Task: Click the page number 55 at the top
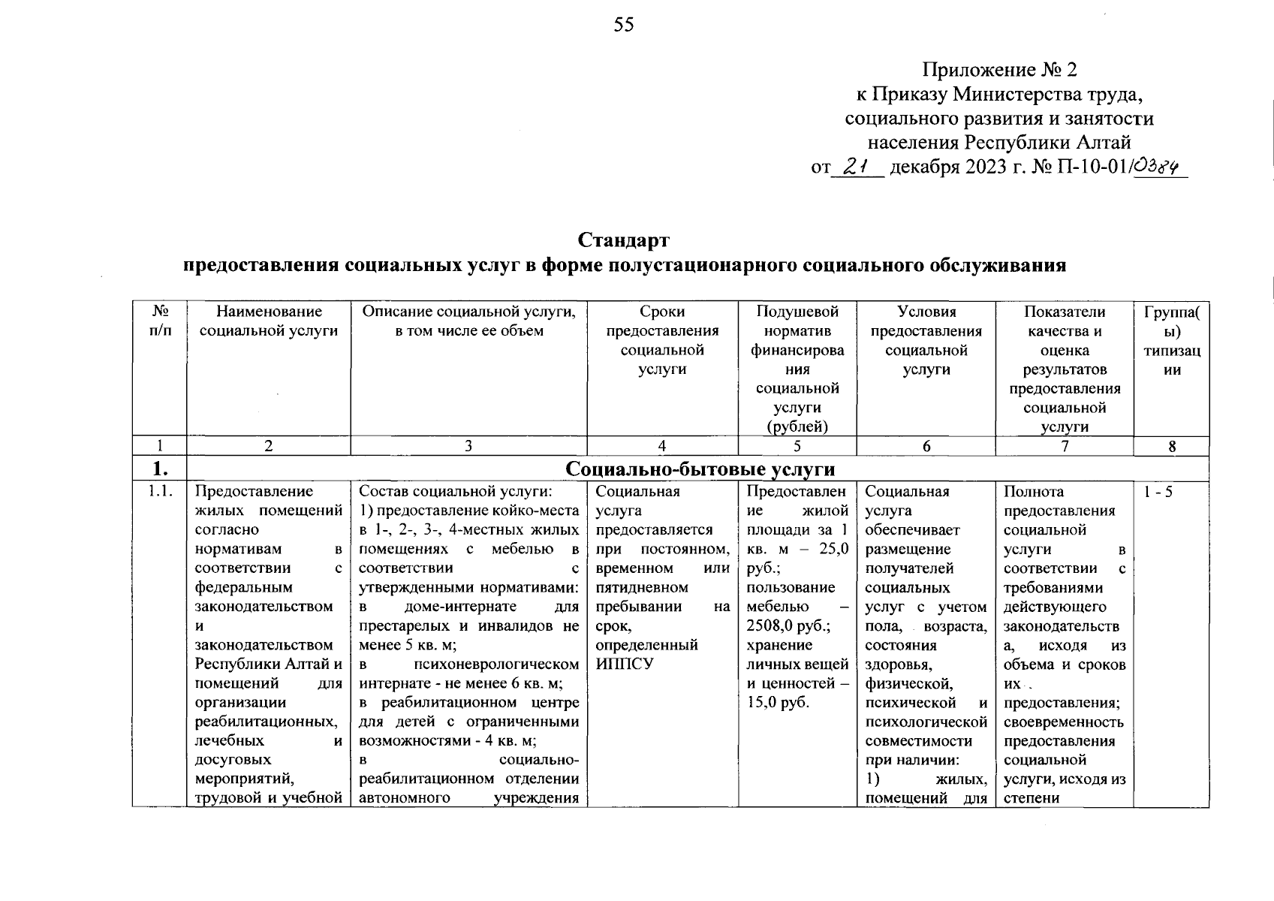[x=624, y=26]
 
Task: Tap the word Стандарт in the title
[x=623, y=240]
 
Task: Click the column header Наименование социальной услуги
[x=269, y=321]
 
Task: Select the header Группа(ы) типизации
[x=1171, y=341]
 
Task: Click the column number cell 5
[x=797, y=446]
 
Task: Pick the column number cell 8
[x=1171, y=446]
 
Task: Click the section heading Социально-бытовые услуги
[x=700, y=469]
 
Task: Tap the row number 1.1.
[x=159, y=492]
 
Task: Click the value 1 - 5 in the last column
[x=1158, y=492]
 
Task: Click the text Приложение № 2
[x=999, y=70]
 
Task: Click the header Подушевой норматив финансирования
[x=797, y=350]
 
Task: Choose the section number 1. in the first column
[x=159, y=469]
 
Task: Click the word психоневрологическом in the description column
[x=496, y=664]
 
